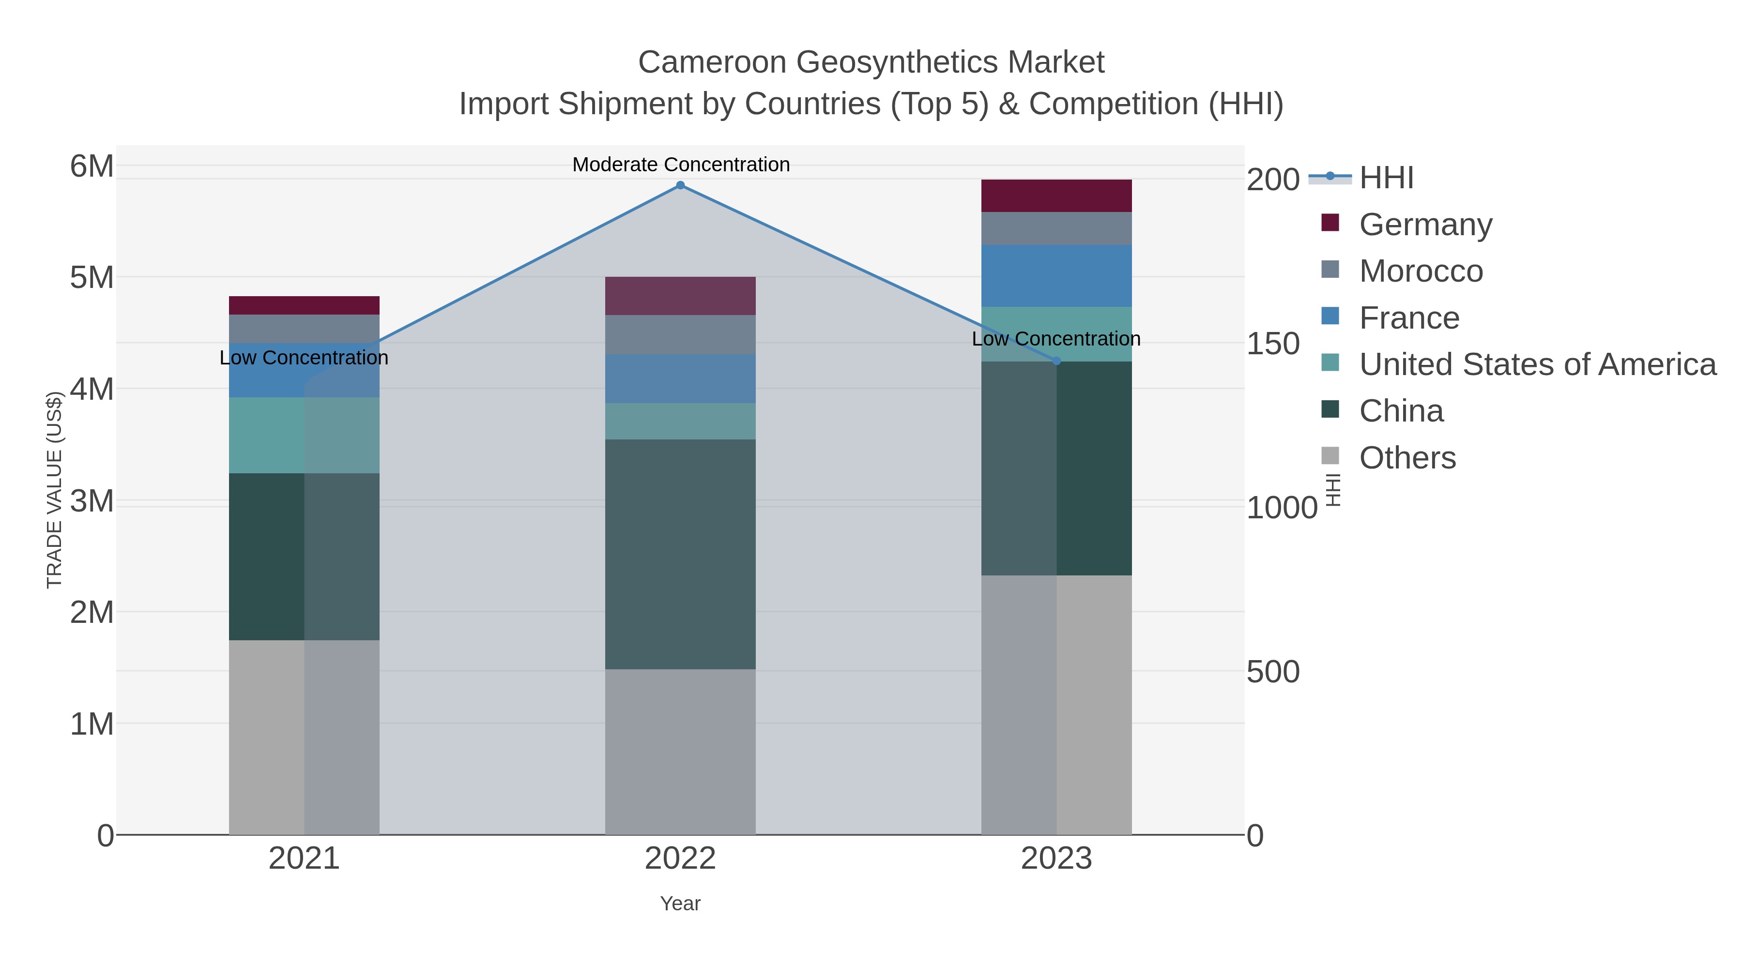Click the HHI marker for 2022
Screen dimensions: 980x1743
[x=680, y=185]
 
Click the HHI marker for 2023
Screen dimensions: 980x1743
[x=1057, y=361]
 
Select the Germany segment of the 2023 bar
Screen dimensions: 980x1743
[x=1056, y=196]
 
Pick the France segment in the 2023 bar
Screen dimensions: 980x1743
[x=1056, y=275]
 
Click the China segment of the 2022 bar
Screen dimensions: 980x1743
[x=680, y=554]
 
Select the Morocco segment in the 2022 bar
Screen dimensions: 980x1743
[x=680, y=335]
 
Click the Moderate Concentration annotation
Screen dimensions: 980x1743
[x=681, y=165]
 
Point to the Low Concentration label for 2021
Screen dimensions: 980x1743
[x=304, y=357]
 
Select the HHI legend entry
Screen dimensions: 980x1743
[x=1386, y=178]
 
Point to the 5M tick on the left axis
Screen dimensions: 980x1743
[x=92, y=277]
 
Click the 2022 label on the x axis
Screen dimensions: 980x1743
[x=680, y=859]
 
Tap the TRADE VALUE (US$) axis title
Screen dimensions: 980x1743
[x=54, y=490]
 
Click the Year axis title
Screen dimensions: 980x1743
[x=680, y=904]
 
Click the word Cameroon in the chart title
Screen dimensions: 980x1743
[x=712, y=62]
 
